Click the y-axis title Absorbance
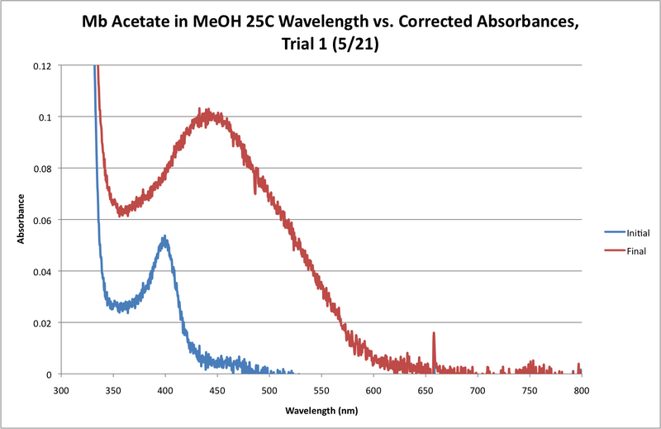(22, 219)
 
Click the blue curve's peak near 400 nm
(164, 238)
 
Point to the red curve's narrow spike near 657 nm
(434, 334)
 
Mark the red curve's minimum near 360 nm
(121, 212)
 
